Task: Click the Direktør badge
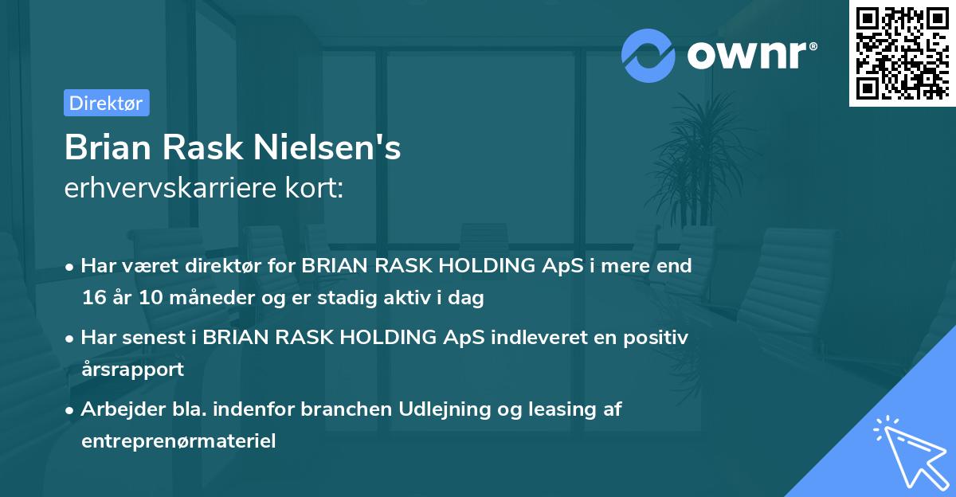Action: pos(106,103)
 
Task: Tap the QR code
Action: pos(902,53)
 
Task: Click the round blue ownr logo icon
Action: pos(648,55)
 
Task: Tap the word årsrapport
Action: pos(132,370)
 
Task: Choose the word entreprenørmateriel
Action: pos(178,441)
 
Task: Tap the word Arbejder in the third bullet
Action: pos(118,409)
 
